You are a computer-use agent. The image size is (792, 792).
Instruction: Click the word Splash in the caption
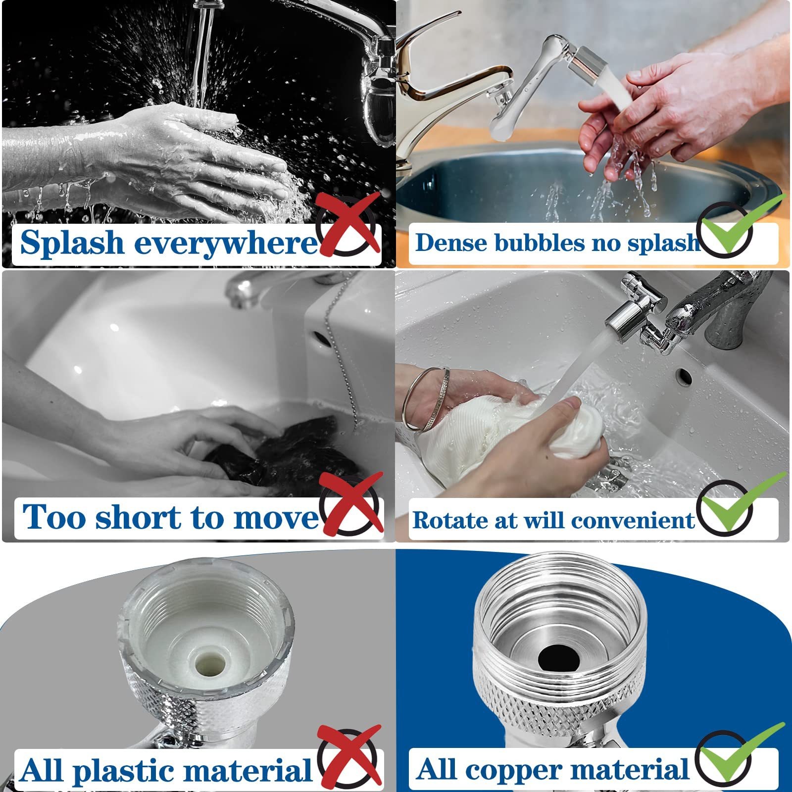click(x=72, y=243)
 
